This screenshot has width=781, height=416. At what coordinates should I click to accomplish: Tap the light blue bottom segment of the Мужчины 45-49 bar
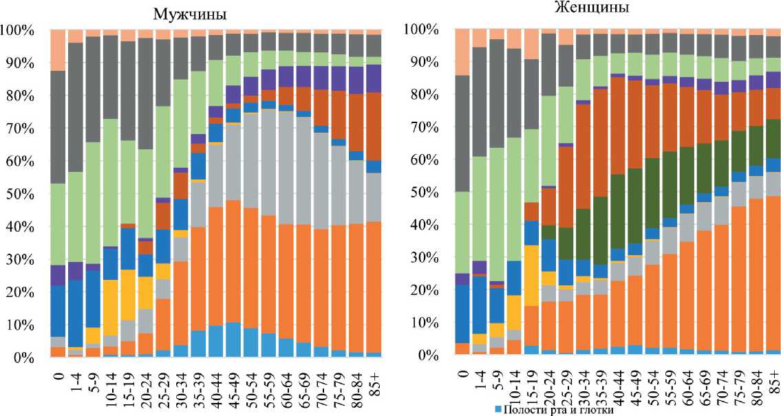pyautogui.click(x=233, y=340)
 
